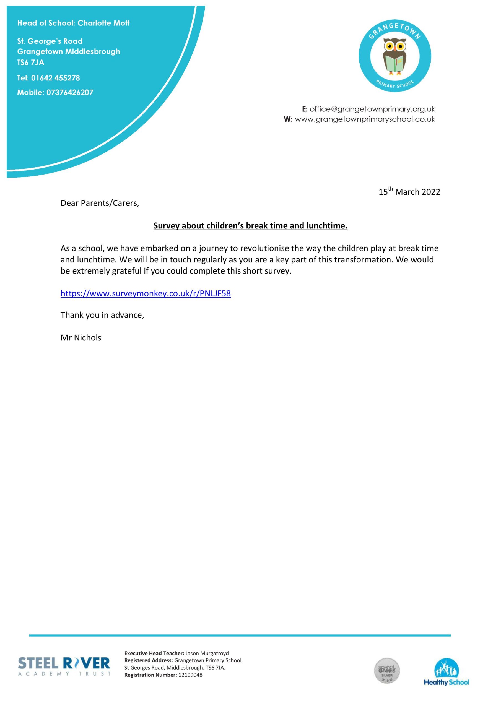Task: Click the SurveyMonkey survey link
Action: (x=146, y=293)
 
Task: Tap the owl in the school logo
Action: (x=394, y=56)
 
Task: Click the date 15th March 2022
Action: (x=409, y=192)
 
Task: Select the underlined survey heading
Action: (x=250, y=226)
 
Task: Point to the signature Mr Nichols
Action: (x=81, y=338)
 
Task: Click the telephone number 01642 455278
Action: (x=56, y=78)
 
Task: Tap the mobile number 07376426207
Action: (x=70, y=92)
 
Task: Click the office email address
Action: (x=372, y=109)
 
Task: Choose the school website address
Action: (x=365, y=119)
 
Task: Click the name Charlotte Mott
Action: (x=104, y=23)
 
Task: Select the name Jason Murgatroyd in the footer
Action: (x=207, y=653)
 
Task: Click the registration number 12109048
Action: (x=190, y=675)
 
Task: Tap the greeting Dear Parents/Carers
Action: (x=100, y=203)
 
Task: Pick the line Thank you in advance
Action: (x=102, y=315)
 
